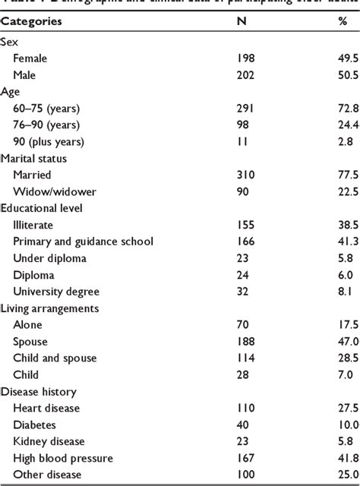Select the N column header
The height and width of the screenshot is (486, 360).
pyautogui.click(x=242, y=21)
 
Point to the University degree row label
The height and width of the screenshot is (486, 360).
pyautogui.click(x=56, y=291)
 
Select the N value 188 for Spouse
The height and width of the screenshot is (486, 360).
pyautogui.click(x=248, y=341)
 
